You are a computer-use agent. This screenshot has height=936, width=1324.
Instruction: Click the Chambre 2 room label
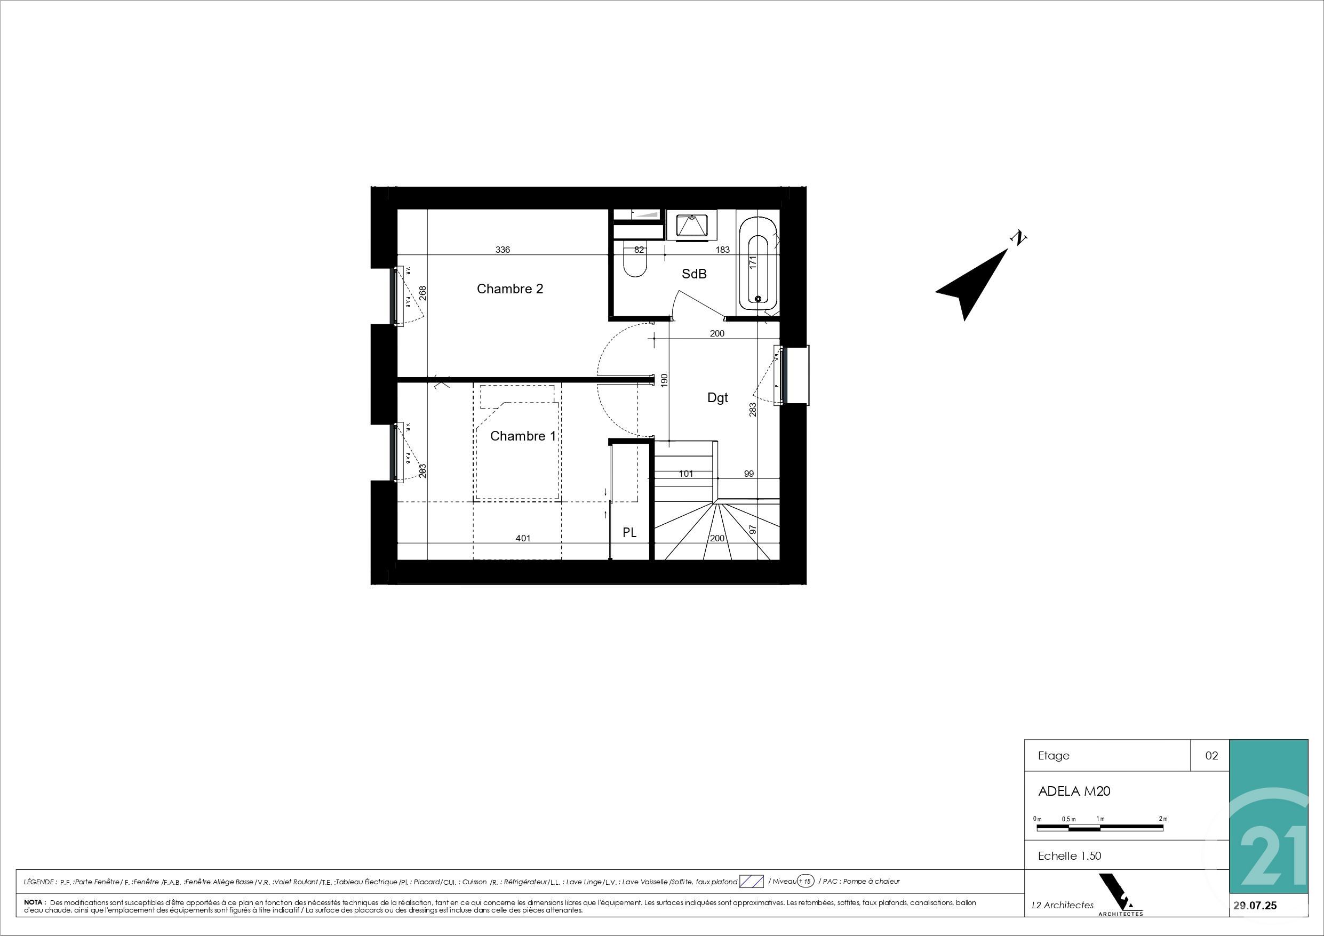[510, 289]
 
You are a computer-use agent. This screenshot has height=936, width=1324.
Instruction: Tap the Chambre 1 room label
[522, 436]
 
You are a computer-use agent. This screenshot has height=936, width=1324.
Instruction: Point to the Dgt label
[717, 397]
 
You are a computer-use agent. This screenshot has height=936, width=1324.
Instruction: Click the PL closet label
[629, 533]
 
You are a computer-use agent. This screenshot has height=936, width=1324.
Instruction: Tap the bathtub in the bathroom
[757, 262]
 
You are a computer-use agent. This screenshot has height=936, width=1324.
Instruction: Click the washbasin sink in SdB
[691, 225]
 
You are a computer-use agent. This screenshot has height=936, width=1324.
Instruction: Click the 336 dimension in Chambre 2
[503, 250]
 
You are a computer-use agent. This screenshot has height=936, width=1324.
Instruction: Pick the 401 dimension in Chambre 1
[523, 539]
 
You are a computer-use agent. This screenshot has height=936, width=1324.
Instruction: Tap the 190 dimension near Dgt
[664, 380]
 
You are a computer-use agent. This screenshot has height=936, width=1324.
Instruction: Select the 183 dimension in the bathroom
[723, 250]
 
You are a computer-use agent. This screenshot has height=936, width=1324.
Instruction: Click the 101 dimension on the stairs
[685, 474]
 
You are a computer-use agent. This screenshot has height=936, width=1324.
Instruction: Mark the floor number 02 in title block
[1211, 756]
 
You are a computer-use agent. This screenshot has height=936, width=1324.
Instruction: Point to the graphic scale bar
[1099, 828]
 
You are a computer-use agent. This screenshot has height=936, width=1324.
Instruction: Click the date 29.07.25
[1255, 906]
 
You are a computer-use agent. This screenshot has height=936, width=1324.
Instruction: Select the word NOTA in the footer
[35, 902]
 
